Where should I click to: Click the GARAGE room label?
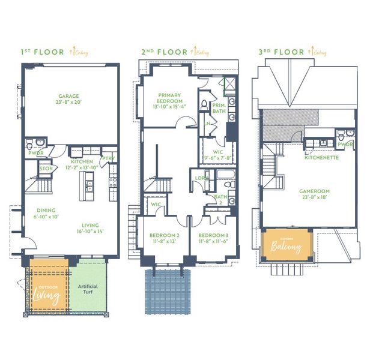pos(70,96)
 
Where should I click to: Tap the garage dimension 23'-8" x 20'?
pos(70,103)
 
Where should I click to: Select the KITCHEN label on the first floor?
pos(82,162)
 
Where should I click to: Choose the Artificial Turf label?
pos(88,290)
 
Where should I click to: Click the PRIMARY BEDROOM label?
pos(170,98)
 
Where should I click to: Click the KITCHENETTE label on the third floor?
pos(322,158)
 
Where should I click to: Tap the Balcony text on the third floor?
pos(287,247)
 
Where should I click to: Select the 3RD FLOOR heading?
pos(281,52)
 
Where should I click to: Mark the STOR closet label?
pos(46,169)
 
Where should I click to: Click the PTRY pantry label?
pos(109,159)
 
